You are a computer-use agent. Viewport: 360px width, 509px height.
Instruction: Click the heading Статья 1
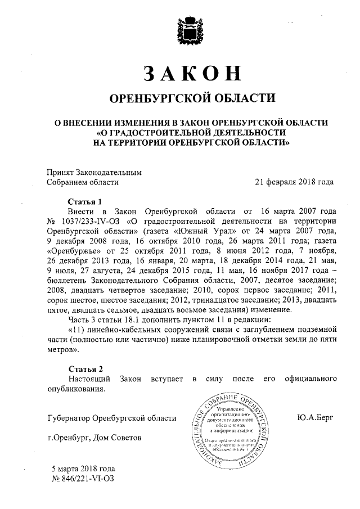85,201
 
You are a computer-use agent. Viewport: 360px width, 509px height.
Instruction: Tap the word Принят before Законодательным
61,172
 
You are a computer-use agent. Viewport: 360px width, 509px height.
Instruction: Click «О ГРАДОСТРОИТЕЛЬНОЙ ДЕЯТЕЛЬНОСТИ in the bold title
192,132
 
